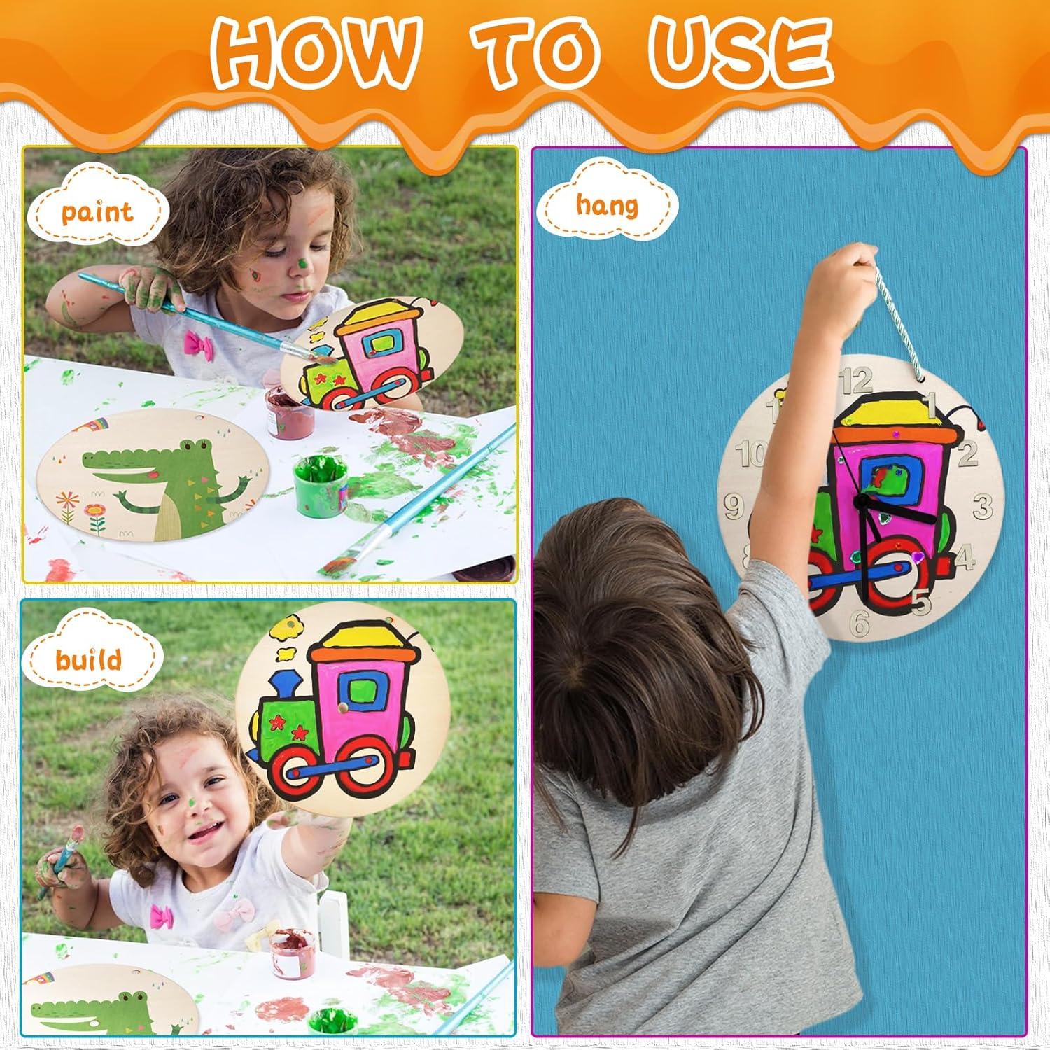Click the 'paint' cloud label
[97, 211]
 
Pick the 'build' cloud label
[89, 659]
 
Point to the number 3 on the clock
[983, 504]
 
